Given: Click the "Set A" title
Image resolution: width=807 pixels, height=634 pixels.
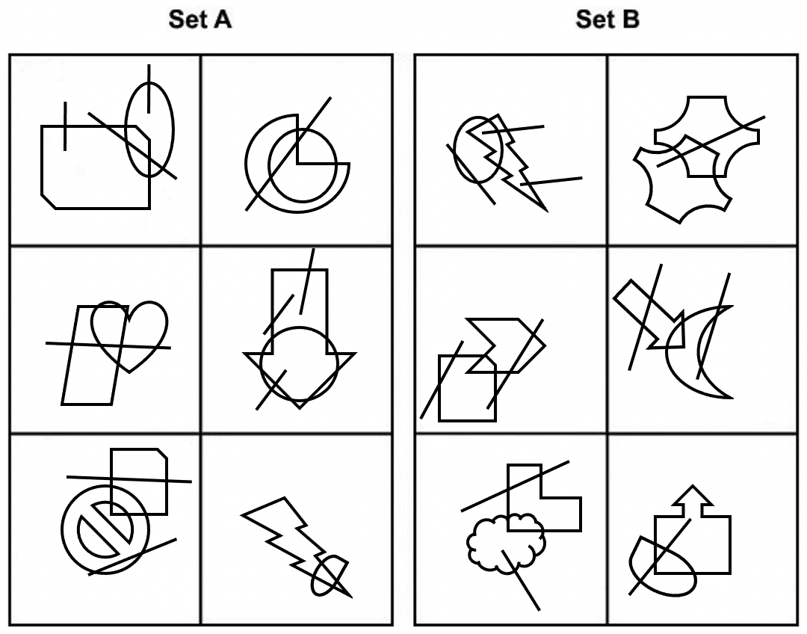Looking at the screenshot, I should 200,20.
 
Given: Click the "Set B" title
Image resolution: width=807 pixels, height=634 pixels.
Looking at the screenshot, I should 607,20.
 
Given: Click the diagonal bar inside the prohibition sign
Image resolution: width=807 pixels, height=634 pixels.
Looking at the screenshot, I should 105,532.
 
